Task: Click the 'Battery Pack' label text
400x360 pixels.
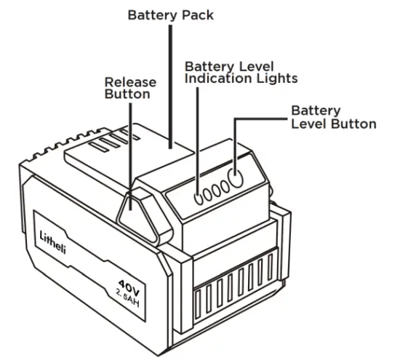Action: tap(170, 15)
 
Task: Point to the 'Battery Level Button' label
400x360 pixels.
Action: tap(333, 116)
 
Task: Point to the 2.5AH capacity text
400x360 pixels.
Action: tap(129, 295)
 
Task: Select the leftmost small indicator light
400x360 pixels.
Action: tap(198, 194)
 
